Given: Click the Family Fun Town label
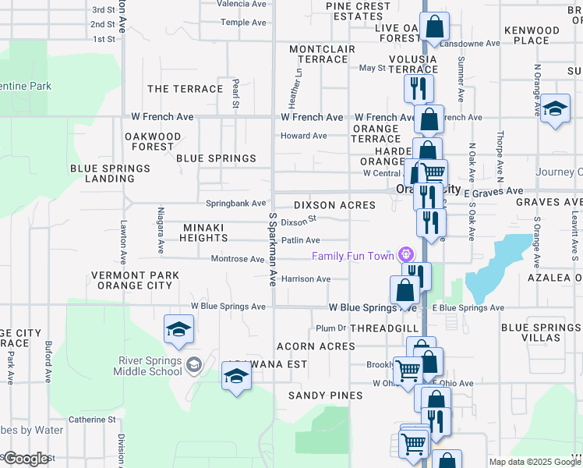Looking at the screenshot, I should [x=354, y=256].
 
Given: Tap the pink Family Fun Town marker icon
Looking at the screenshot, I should [x=405, y=255].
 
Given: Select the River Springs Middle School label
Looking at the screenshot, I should [x=150, y=366].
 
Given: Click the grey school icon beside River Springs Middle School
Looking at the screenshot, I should [x=194, y=363].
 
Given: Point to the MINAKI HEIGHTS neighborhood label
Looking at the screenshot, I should [x=204, y=232].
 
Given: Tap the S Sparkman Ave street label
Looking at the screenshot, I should [x=273, y=248].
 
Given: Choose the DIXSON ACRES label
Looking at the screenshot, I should [x=334, y=205].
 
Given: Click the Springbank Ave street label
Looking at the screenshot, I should [x=235, y=204].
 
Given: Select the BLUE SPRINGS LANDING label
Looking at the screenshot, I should [x=109, y=173].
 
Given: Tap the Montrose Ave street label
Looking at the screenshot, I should [x=238, y=259].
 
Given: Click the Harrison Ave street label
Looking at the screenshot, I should [x=306, y=278].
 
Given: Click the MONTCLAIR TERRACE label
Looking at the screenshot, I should [x=322, y=55].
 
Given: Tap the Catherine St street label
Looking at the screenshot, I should [x=92, y=420].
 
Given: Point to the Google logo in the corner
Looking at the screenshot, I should [x=26, y=459].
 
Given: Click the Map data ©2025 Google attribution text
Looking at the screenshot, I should [x=534, y=462].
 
